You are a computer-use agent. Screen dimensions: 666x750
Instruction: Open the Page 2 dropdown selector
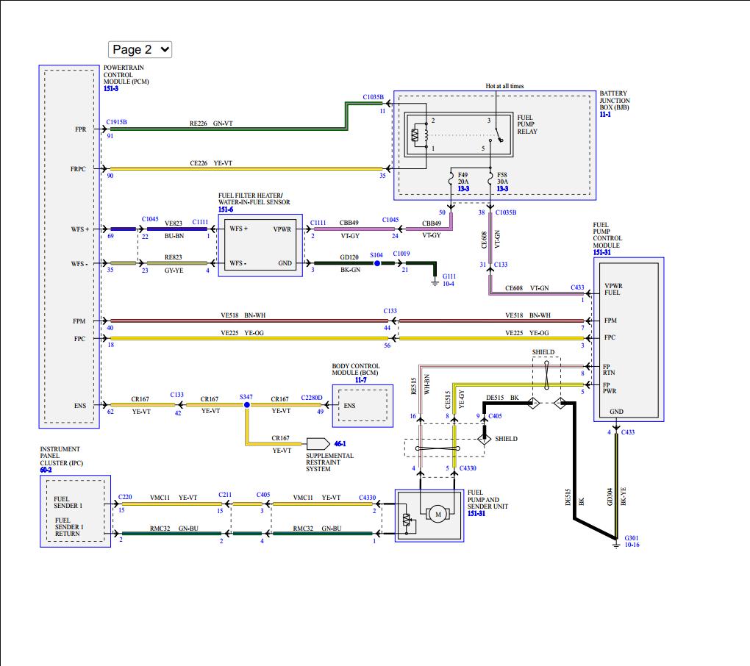(140, 49)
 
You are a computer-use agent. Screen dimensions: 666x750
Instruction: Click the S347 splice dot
(246, 405)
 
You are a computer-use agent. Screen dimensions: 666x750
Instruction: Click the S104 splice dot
(376, 262)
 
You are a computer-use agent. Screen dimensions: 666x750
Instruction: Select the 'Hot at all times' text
(504, 86)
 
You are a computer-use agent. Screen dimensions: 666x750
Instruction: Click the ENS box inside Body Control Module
(351, 405)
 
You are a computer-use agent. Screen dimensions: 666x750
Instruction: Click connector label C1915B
(116, 122)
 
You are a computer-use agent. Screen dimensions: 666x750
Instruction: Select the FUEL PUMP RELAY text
(527, 124)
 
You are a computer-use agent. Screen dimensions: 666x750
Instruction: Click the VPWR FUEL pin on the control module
(612, 289)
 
